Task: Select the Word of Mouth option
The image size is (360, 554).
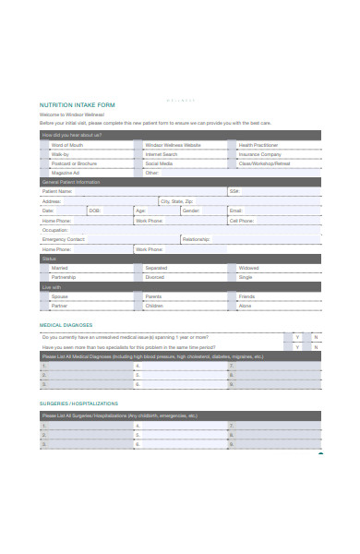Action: [66, 145]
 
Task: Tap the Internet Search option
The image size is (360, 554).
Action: [161, 154]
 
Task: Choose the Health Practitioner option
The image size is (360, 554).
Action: [258, 145]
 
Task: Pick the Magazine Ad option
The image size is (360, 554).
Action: [66, 173]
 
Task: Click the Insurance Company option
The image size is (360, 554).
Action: [259, 154]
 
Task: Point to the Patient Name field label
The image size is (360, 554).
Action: [57, 191]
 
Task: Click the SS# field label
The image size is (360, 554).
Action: [234, 191]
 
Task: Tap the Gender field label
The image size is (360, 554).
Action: [190, 211]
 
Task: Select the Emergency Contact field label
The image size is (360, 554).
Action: [63, 239]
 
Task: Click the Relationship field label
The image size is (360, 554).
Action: [196, 239]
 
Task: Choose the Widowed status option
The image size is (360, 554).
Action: [248, 268]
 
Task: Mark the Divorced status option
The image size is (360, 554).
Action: [154, 277]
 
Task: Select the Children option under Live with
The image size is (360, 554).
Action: [154, 306]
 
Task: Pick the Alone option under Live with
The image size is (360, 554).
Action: [246, 306]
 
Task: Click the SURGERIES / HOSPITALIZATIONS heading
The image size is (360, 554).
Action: [78, 403]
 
